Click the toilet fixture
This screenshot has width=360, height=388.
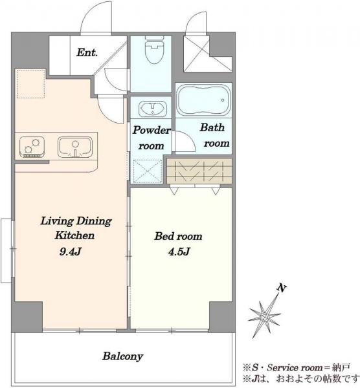[154, 50]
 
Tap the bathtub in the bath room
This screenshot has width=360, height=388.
[203, 100]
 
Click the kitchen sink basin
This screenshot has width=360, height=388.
[75, 147]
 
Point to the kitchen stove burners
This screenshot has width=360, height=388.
[32, 147]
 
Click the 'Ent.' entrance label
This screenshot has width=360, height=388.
[87, 52]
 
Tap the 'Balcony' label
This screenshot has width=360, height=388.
[122, 356]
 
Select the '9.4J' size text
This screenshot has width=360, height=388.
[71, 252]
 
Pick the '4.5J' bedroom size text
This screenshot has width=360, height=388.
[179, 252]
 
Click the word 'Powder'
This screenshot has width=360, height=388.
[152, 130]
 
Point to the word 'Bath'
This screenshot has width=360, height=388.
[212, 127]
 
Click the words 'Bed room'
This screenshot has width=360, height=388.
[178, 236]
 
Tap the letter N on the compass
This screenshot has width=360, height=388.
[282, 288]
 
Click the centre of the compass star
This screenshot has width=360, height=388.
[265, 316]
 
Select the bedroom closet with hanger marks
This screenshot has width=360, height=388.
[199, 171]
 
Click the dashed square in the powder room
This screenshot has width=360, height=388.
[148, 171]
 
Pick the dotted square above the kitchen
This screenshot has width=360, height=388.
[30, 83]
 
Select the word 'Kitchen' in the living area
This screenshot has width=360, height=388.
[74, 235]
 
